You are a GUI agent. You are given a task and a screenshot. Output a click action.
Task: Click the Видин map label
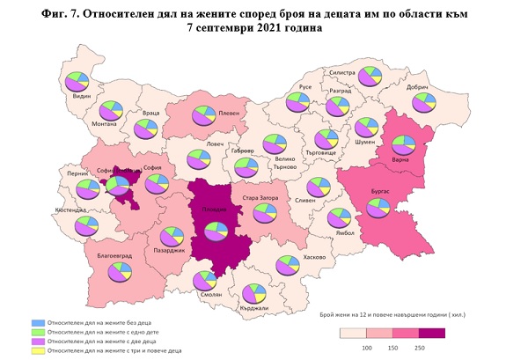coord(82,94)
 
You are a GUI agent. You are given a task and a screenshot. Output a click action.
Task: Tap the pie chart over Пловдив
coord(214,231)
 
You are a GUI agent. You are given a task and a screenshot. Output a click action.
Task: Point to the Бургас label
coord(379,189)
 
